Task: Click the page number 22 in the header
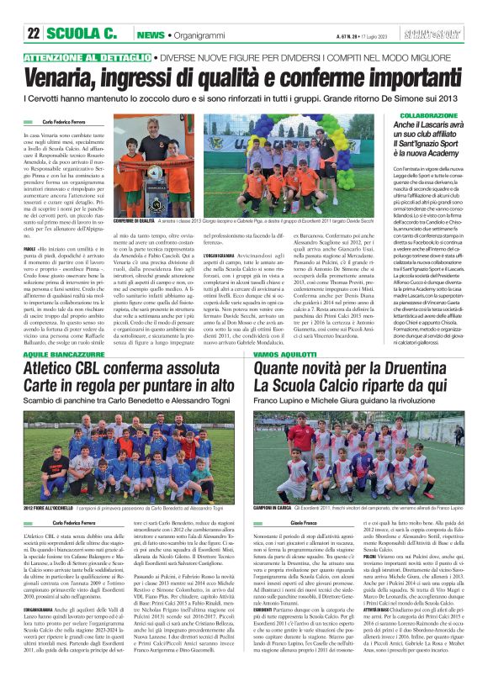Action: click(34, 34)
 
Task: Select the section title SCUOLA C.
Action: click(82, 34)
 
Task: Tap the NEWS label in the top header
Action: click(150, 35)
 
